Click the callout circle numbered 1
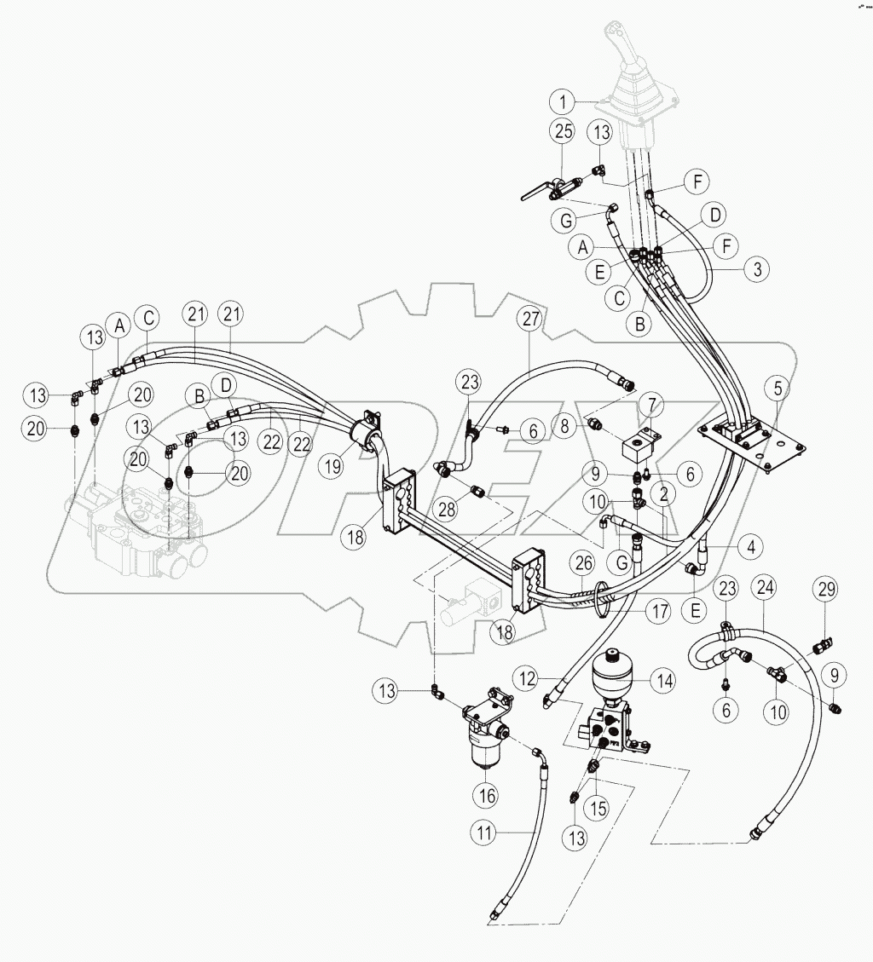coord(563,103)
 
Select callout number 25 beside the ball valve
coord(562,132)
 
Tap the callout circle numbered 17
coord(656,611)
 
